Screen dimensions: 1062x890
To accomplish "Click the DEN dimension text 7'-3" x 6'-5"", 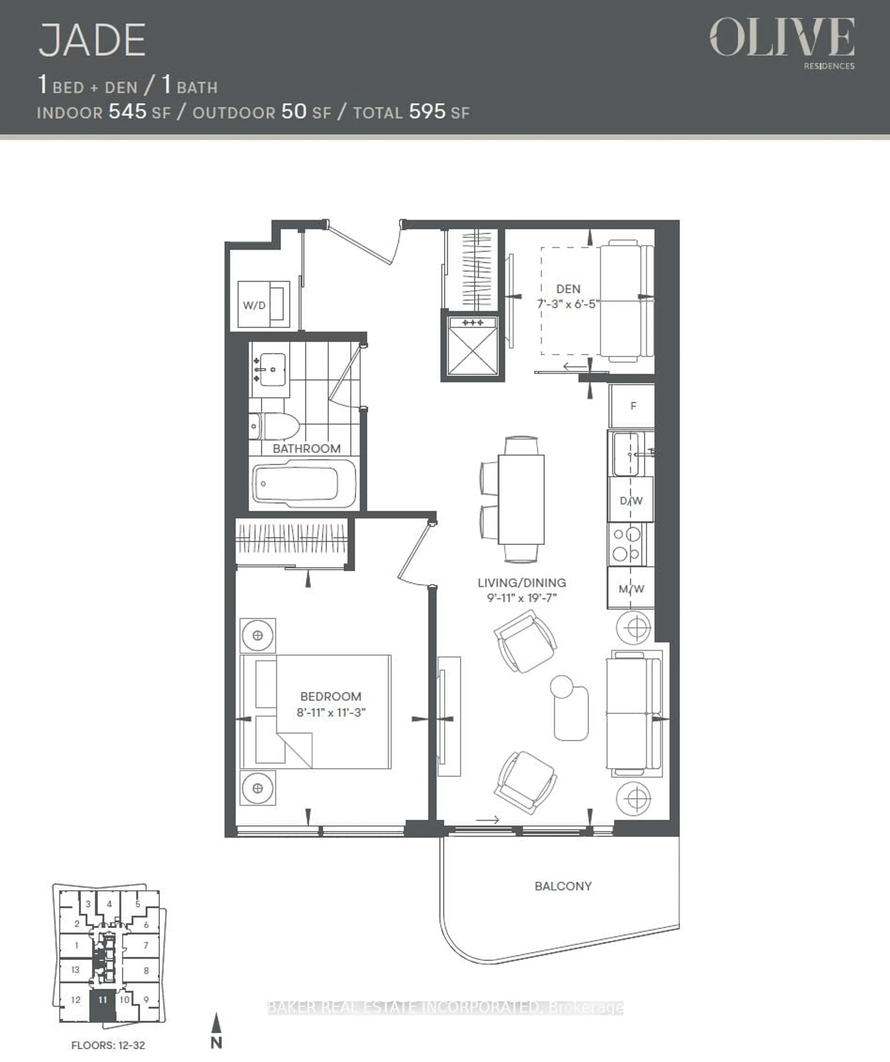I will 568,304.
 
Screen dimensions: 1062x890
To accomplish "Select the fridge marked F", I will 633,406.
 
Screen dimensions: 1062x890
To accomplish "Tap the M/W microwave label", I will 631,589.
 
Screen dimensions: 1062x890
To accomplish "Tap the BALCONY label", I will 563,886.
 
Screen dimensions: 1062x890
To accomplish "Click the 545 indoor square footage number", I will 127,111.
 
